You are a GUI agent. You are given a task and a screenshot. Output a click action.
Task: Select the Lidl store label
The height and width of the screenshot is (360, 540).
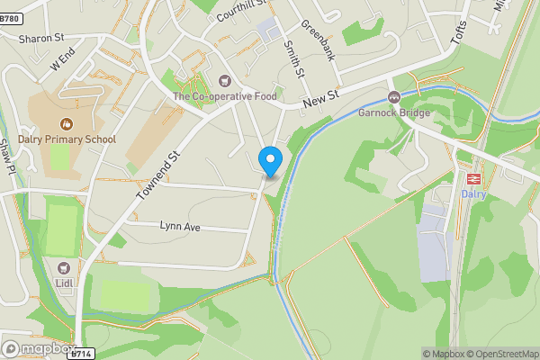click(x=64, y=283)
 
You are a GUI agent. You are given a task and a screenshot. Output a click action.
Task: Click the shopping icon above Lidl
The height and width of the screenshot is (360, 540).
click(x=63, y=268)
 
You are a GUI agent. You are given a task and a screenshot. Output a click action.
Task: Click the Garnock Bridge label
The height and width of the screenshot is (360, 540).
click(x=393, y=113)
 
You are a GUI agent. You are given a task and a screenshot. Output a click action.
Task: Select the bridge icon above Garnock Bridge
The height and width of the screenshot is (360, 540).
click(x=393, y=97)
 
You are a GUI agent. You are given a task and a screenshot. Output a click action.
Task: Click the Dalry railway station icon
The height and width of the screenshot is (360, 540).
click(x=473, y=178)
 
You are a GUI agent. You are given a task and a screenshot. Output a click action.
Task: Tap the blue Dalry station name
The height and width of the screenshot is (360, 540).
click(x=473, y=193)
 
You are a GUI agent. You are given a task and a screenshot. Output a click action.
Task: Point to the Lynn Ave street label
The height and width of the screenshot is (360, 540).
click(x=179, y=227)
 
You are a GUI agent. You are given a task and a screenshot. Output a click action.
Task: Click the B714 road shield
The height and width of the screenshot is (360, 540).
click(x=82, y=354)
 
